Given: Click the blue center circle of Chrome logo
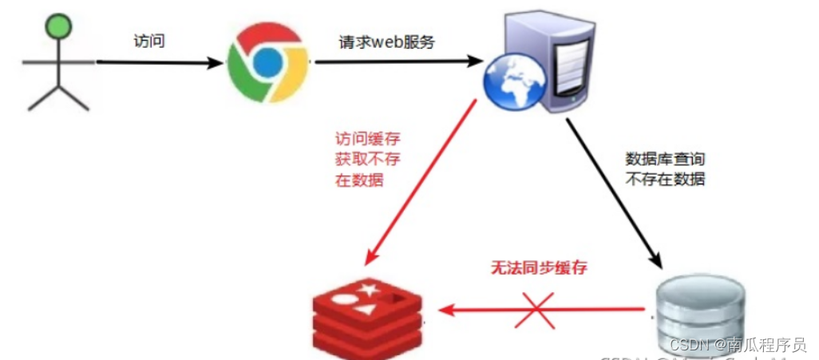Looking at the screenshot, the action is pyautogui.click(x=267, y=61).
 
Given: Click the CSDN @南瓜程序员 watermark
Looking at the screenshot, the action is pyautogui.click(x=738, y=346).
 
